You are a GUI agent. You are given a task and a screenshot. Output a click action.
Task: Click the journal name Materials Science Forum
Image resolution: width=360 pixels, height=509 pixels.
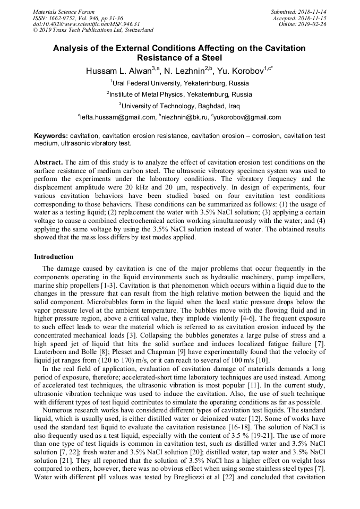64,12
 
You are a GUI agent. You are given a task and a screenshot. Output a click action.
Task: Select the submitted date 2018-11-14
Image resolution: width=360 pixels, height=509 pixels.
312,12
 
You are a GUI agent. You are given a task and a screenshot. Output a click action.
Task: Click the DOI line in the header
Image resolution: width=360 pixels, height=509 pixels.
86,24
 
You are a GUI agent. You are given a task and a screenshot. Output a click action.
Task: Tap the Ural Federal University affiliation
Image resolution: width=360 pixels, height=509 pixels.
179,83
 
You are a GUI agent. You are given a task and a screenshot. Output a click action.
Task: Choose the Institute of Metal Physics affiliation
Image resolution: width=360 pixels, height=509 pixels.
179,94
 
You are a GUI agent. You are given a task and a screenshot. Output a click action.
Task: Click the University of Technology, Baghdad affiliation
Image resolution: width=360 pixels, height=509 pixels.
179,106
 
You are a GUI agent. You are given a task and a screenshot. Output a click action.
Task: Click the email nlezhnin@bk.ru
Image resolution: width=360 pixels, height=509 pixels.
183,117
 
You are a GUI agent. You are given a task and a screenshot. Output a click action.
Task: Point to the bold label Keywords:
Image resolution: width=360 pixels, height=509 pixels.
51,136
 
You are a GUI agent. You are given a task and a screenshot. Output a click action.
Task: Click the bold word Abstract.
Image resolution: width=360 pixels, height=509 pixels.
48,161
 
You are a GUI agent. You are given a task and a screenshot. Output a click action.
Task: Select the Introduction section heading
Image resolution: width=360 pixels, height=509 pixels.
54,257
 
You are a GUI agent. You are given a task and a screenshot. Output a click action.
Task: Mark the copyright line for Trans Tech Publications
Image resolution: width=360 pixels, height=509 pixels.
93,31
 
